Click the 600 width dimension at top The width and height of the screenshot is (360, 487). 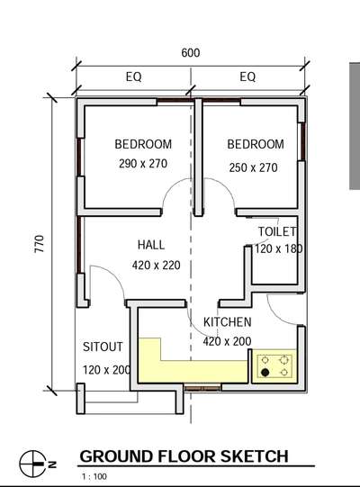pos(190,53)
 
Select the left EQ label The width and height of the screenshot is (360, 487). pos(133,77)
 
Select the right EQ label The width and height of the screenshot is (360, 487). pos(247,77)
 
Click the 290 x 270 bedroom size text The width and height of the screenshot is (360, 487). pos(144,165)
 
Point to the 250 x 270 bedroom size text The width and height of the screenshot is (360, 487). pos(255,167)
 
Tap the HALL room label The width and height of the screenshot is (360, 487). pos(151,245)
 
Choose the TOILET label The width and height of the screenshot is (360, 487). pos(277,232)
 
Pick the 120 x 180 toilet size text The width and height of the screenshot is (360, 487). pos(279,248)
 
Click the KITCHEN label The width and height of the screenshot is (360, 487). pos(228,322)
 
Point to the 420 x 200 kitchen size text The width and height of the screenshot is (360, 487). pos(228,341)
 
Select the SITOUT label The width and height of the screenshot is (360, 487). pos(103,347)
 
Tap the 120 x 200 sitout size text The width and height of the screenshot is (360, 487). pos(107,370)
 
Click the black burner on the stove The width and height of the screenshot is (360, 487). pos(265,371)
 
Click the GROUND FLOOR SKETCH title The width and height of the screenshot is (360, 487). pos(184,456)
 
